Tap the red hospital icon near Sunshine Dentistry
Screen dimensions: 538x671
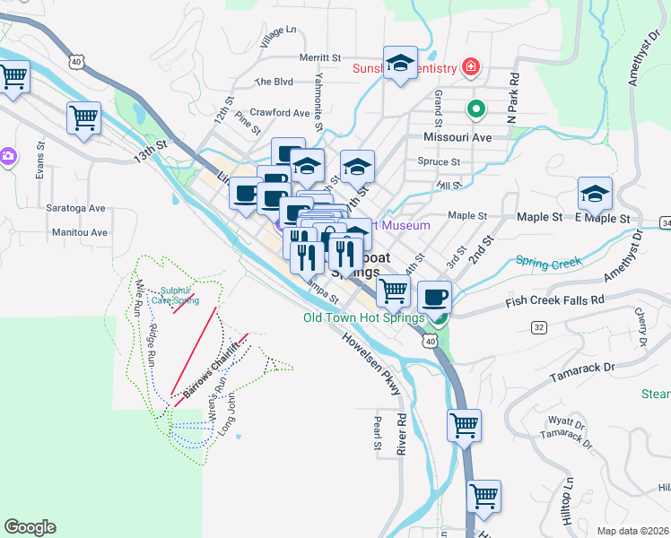(x=468, y=66)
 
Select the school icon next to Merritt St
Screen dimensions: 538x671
(x=400, y=63)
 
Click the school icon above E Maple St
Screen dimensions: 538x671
(x=595, y=194)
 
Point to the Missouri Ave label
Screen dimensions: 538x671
(x=457, y=138)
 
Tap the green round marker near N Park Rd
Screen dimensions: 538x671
(x=476, y=109)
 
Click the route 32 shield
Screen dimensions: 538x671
(x=539, y=327)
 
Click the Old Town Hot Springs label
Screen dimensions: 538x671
(x=363, y=317)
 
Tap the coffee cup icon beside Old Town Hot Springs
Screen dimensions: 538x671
(x=435, y=296)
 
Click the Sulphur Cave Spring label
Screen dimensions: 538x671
(x=174, y=295)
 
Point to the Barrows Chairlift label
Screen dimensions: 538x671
(x=214, y=369)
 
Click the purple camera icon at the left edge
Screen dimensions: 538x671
(x=6, y=156)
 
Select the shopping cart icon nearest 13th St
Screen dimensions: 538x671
(x=83, y=117)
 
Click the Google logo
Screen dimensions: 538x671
(x=30, y=526)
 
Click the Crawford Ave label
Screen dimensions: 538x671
(x=280, y=113)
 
